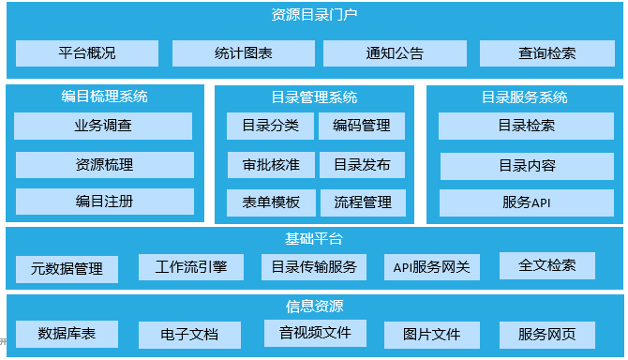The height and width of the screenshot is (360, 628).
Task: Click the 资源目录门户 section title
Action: click(314, 15)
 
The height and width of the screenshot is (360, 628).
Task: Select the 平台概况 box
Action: click(86, 53)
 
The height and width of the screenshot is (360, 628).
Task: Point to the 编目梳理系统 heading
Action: click(104, 97)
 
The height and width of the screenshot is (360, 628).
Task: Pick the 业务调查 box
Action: click(103, 126)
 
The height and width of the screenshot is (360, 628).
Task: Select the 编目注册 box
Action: click(104, 201)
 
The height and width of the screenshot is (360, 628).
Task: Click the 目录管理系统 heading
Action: click(314, 97)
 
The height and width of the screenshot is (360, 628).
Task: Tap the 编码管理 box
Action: click(362, 126)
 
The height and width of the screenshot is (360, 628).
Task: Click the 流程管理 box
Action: click(362, 202)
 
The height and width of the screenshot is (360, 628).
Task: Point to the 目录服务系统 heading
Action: click(525, 97)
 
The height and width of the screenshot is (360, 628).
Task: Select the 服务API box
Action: click(526, 202)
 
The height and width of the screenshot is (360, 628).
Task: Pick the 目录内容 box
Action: click(527, 166)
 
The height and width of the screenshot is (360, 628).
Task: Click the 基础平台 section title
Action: click(314, 237)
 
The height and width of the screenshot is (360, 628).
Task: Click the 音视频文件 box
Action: click(314, 333)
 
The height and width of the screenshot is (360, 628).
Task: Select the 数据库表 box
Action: click(66, 333)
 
